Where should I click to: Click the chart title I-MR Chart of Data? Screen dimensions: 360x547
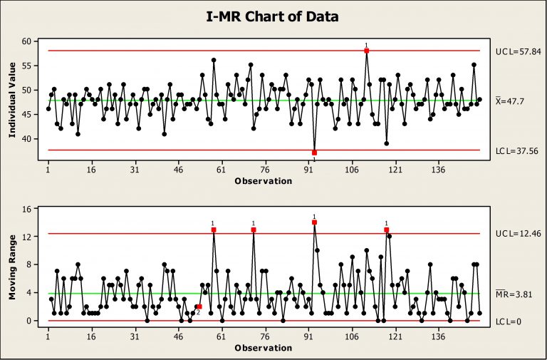(273, 15)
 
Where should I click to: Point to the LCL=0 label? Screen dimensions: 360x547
(509, 322)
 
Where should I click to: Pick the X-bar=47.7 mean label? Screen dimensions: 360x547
(512, 102)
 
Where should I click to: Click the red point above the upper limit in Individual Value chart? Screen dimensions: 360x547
(366, 51)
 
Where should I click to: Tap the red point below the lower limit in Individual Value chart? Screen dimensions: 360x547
(314, 153)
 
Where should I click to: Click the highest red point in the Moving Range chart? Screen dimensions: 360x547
(314, 222)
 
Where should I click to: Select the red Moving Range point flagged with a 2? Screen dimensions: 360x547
(199, 307)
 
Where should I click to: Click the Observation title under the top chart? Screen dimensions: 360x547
(263, 181)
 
